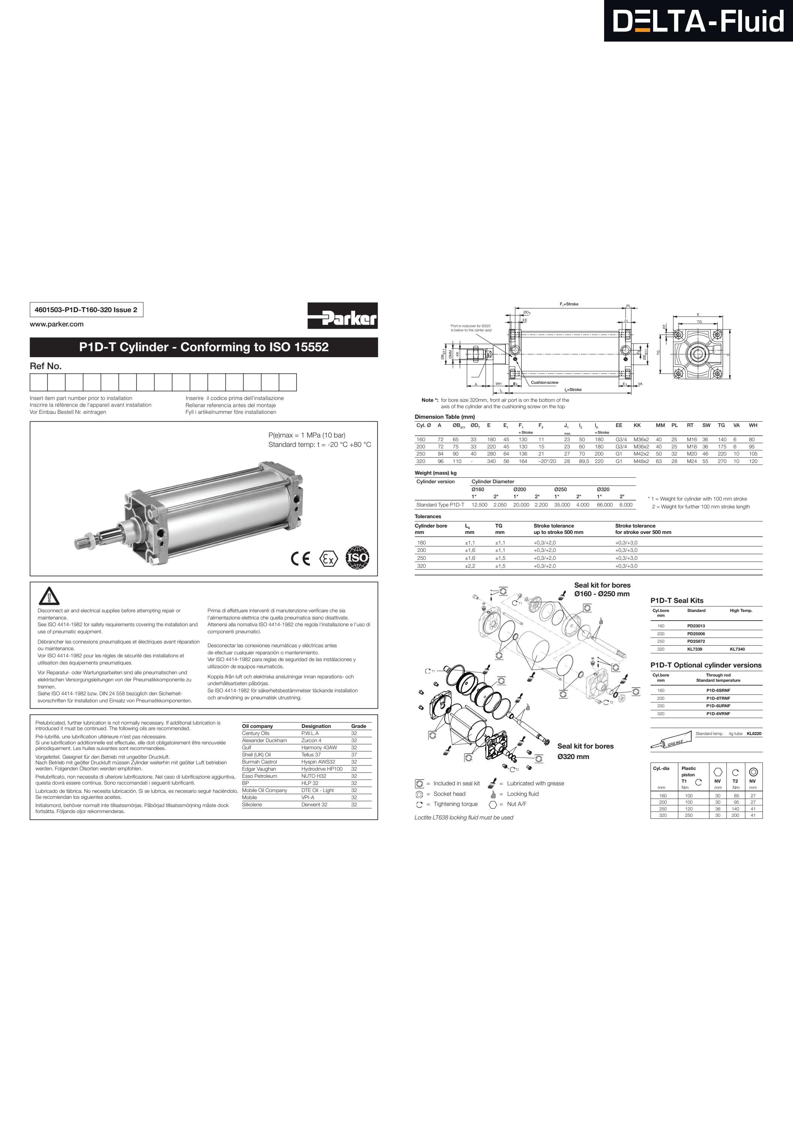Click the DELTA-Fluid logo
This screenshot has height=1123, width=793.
click(698, 21)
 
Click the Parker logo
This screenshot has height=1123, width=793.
click(342, 316)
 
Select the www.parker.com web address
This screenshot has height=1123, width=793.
click(57, 324)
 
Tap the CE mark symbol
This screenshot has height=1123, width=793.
click(301, 559)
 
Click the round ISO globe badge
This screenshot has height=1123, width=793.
click(357, 558)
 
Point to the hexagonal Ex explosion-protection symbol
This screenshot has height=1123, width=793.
click(328, 559)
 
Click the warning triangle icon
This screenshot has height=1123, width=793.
click(49, 596)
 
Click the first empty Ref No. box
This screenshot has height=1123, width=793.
click(39, 382)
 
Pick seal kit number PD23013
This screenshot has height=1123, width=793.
click(696, 625)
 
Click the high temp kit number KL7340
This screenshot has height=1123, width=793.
click(737, 649)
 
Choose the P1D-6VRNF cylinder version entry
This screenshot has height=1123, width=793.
click(718, 714)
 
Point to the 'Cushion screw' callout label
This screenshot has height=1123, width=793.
click(544, 382)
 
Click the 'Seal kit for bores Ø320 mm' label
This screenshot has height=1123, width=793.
click(585, 751)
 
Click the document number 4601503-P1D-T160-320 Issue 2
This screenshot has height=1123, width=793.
click(86, 310)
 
